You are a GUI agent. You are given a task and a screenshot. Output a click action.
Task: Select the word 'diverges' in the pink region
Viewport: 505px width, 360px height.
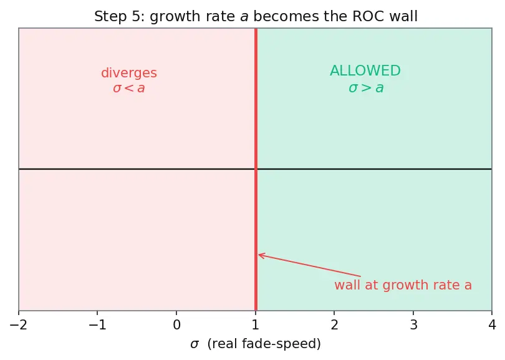[129, 73]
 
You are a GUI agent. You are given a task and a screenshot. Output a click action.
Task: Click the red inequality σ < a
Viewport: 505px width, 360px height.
[129, 88]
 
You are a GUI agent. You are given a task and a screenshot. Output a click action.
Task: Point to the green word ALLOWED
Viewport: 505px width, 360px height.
[365, 71]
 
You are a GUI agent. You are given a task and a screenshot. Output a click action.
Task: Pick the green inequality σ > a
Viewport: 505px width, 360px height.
[366, 88]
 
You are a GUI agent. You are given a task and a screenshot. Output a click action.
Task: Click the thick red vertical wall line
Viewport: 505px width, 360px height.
[256, 169]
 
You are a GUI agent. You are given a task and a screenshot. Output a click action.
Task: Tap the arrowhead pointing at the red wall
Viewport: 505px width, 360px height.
[261, 255]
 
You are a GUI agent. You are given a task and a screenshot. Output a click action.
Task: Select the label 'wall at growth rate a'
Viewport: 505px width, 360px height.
[403, 285]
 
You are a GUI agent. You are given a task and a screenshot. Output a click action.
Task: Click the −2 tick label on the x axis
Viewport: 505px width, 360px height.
[18, 324]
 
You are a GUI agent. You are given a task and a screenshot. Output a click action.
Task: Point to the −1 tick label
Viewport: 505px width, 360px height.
[97, 324]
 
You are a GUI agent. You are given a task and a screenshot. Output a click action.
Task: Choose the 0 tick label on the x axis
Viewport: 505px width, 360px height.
[176, 324]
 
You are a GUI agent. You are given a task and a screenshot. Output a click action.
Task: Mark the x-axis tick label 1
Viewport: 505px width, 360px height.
[256, 324]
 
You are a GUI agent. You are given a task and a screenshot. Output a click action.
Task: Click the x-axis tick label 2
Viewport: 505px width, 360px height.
[334, 324]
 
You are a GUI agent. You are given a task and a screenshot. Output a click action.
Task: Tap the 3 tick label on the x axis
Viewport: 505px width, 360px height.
[413, 324]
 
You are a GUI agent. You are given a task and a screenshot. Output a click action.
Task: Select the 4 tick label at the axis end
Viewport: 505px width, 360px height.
[492, 324]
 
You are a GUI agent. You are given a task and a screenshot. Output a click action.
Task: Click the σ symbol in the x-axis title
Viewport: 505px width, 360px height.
[195, 344]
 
